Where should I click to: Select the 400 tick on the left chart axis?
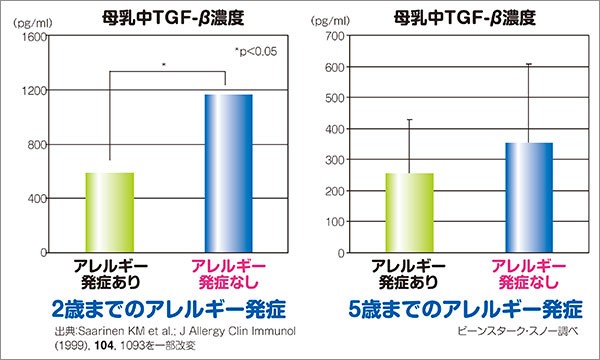tap(36, 199)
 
